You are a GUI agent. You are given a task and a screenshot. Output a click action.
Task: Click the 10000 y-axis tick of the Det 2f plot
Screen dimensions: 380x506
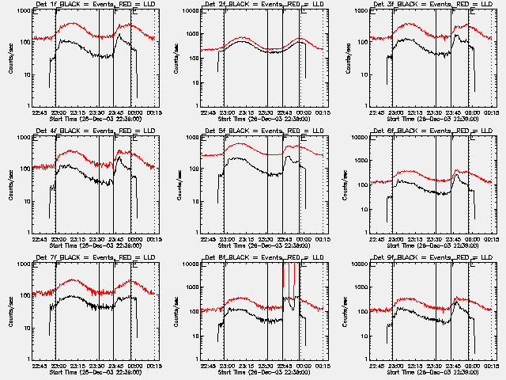[188, 11]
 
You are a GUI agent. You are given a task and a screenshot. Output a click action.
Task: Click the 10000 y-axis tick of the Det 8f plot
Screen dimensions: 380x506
[188, 264]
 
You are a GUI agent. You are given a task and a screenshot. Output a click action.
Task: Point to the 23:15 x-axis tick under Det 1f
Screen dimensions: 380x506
[77, 112]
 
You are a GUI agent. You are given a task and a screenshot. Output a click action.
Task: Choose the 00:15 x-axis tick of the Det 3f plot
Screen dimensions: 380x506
[491, 112]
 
